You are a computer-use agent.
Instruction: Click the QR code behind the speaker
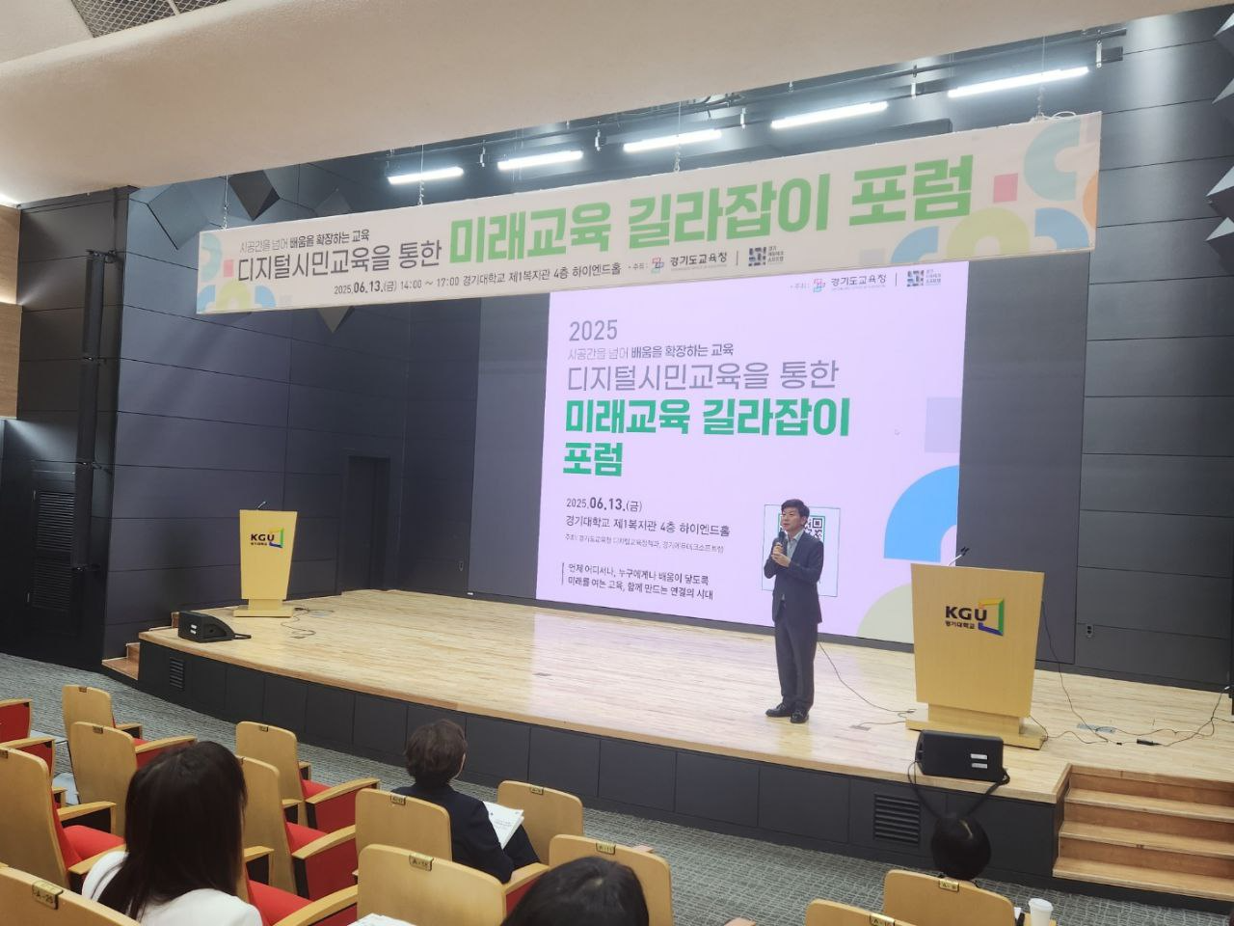pyautogui.click(x=805, y=526)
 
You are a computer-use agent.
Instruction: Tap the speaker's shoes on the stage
pyautogui.click(x=788, y=713)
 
